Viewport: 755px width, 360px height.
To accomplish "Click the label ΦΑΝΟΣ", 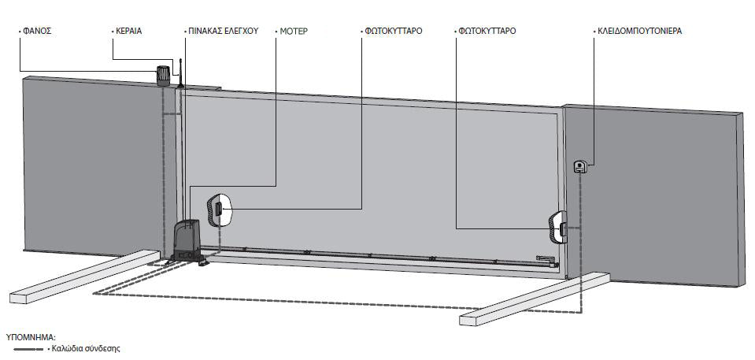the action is click(37, 32).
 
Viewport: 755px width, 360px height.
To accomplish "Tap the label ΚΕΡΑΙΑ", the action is click(129, 32).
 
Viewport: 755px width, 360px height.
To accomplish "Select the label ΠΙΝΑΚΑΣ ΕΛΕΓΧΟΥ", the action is click(224, 32).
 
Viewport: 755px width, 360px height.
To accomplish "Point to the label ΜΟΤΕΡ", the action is click(294, 32).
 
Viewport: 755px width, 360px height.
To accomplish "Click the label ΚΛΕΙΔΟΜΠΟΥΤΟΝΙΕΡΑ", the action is click(639, 32).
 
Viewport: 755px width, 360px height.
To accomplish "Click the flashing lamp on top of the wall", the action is click(163, 76).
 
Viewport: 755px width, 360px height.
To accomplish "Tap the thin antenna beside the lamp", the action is click(180, 73).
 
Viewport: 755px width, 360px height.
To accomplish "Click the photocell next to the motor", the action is click(219, 210).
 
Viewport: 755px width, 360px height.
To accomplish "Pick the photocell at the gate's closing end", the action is click(558, 227).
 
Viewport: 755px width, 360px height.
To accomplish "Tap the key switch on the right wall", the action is click(580, 167).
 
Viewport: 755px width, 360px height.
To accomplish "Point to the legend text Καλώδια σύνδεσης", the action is click(86, 348).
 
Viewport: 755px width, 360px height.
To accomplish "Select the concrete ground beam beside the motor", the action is click(84, 276).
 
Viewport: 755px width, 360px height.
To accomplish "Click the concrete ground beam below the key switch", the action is click(535, 299).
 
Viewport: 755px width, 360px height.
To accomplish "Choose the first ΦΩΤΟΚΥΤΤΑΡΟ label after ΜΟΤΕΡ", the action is click(393, 32).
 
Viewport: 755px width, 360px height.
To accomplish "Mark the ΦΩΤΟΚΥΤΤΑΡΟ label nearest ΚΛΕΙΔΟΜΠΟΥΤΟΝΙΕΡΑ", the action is click(487, 32).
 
